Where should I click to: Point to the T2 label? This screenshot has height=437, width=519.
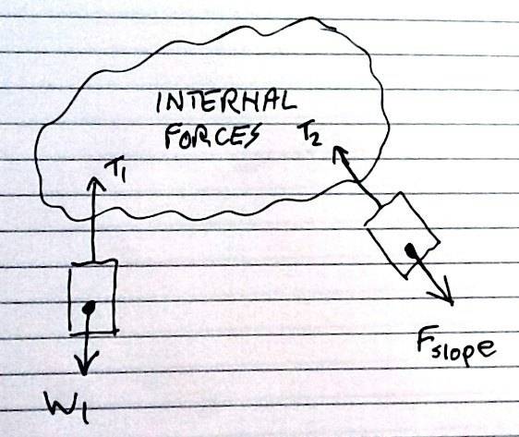pyautogui.click(x=309, y=133)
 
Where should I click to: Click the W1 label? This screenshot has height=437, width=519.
pyautogui.click(x=67, y=407)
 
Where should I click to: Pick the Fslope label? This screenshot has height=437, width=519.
pyautogui.click(x=456, y=346)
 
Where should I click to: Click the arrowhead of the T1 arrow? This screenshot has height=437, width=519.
pyautogui.click(x=96, y=183)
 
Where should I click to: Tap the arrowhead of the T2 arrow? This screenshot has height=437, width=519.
pyautogui.click(x=338, y=153)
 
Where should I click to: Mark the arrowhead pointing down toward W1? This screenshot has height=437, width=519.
pyautogui.click(x=85, y=362)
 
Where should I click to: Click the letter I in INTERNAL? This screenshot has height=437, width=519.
pyautogui.click(x=160, y=102)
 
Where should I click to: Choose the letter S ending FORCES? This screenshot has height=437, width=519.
pyautogui.click(x=252, y=135)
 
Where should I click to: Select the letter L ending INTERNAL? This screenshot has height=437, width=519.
pyautogui.click(x=289, y=101)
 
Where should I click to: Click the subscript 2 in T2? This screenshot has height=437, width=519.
pyautogui.click(x=316, y=139)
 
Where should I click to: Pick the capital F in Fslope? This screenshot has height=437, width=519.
pyautogui.click(x=424, y=340)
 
